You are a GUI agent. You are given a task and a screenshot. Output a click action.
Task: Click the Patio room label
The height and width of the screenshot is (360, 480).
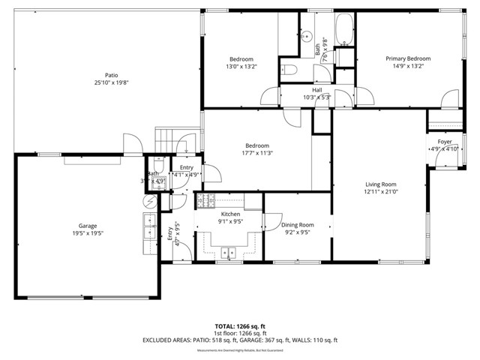pyautogui.click(x=111, y=75)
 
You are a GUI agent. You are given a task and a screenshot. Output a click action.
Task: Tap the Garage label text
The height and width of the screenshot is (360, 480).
pyautogui.click(x=88, y=225)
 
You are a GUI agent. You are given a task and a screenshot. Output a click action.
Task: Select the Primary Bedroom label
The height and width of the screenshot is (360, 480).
pyautogui.click(x=408, y=58)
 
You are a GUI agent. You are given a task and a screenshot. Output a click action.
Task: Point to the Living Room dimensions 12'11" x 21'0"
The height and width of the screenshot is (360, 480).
pyautogui.click(x=380, y=191)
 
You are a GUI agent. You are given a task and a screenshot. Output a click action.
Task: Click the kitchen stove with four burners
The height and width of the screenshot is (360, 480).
pyautogui.click(x=205, y=199)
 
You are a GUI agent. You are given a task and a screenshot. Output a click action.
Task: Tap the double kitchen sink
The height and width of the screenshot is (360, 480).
pyautogui.click(x=228, y=251)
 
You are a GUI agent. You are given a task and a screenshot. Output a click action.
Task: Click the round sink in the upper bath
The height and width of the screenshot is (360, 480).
pyautogui.click(x=307, y=34)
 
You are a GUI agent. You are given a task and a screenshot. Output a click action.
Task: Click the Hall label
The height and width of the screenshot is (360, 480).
pyautogui.click(x=316, y=89)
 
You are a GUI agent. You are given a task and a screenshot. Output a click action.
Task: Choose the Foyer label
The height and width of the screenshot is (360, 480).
pyautogui.click(x=445, y=141)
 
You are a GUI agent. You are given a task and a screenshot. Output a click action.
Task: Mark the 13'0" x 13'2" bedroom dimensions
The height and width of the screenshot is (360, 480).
pyautogui.click(x=241, y=66)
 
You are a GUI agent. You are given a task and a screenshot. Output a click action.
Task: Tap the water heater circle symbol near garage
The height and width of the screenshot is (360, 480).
pyautogui.click(x=148, y=201)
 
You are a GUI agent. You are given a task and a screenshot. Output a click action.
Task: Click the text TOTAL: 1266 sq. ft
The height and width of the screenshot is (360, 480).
pyautogui.click(x=239, y=326)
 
